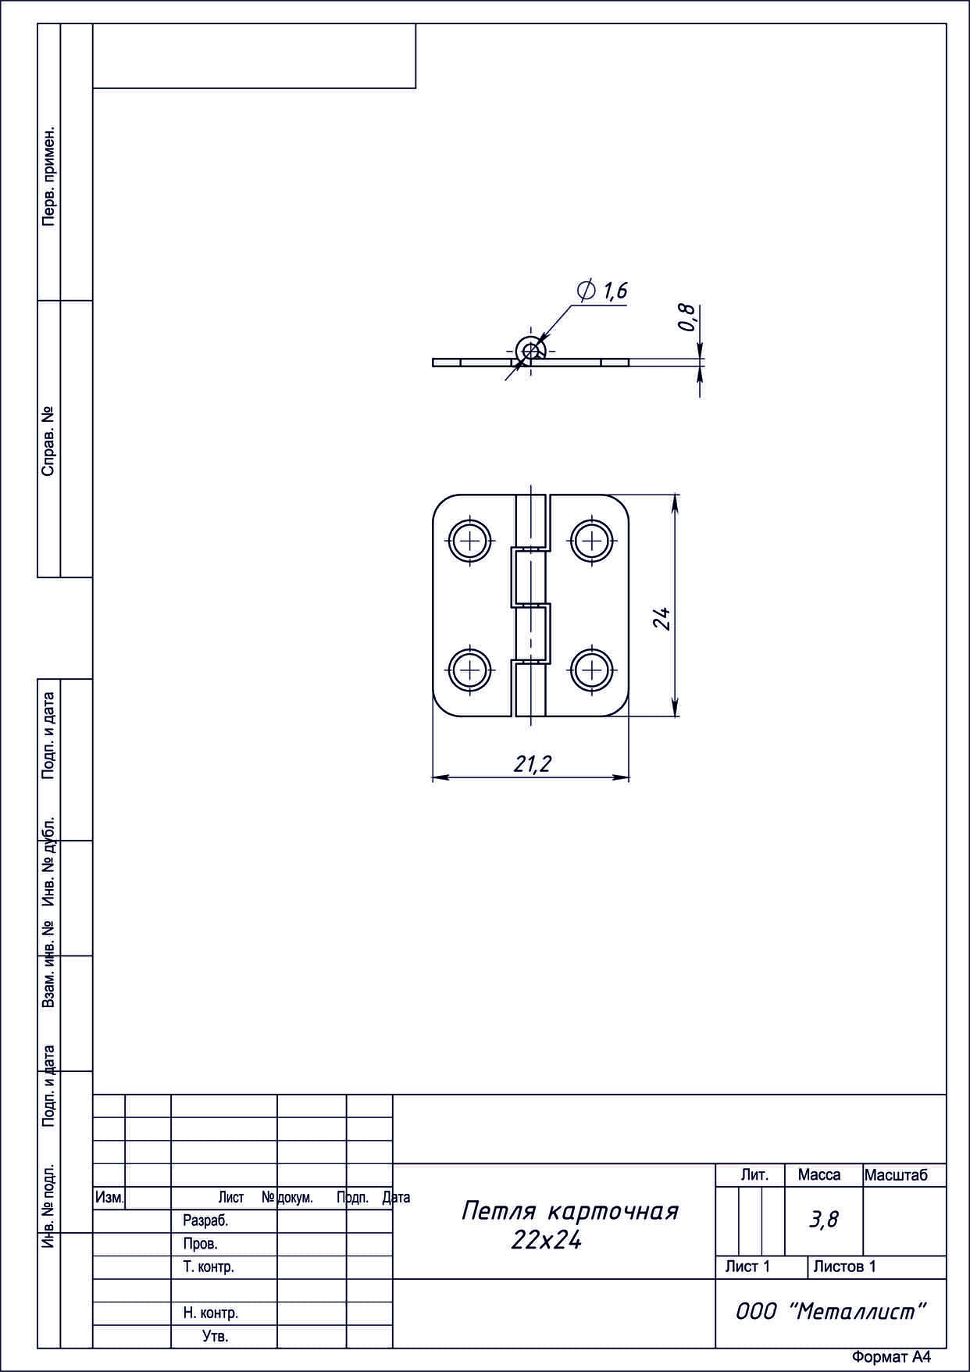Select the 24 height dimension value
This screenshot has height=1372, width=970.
[x=662, y=619]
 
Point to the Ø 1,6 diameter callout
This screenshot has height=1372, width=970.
[x=602, y=291]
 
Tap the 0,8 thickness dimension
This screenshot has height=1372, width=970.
[x=687, y=317]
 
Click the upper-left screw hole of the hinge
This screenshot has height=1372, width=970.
[x=471, y=540]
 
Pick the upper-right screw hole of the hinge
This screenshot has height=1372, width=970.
[x=592, y=540]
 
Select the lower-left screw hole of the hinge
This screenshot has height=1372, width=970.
[x=471, y=670]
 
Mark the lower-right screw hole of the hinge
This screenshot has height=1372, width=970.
[x=592, y=670]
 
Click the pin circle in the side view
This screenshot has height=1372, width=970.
[x=531, y=349]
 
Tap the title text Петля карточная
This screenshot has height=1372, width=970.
[x=569, y=1211]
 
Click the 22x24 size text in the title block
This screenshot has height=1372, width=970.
[x=546, y=1240]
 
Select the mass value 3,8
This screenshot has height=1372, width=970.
[x=824, y=1219]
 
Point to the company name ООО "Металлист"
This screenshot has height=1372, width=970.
[x=831, y=1312]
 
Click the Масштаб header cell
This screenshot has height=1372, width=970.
[x=896, y=1175]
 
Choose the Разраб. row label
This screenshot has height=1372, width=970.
[x=205, y=1220]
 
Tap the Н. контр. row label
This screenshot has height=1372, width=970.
[x=211, y=1313]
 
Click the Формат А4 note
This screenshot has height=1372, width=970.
[x=891, y=1357]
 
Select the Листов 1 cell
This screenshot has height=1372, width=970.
[x=844, y=1266]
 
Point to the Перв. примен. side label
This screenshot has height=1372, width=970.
[x=49, y=175]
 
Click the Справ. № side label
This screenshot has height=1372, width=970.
[x=49, y=441]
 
